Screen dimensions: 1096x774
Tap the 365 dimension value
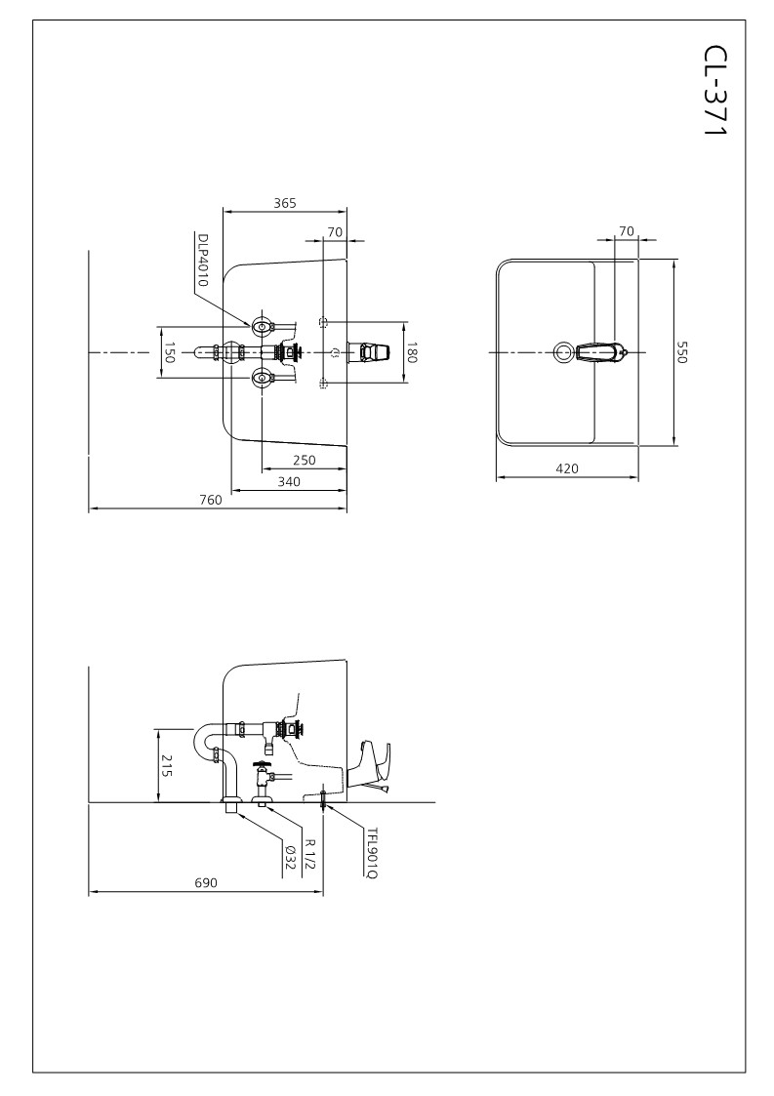tap(284, 204)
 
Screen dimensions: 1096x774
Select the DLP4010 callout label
tap(204, 260)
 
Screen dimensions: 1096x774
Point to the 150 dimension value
tap(169, 352)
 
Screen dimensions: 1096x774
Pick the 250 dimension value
tap(304, 461)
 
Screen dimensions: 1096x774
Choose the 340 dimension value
tap(289, 481)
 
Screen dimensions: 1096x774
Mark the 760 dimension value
tap(211, 500)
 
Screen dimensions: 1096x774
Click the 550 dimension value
tap(682, 352)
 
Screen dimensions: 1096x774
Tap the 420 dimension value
tap(567, 468)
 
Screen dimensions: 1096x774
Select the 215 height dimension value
tap(167, 765)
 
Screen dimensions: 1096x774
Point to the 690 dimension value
tap(205, 882)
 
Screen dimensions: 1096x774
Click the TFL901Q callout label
tap(371, 852)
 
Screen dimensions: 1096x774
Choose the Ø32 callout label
tap(290, 856)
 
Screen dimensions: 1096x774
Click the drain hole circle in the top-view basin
tap(563, 352)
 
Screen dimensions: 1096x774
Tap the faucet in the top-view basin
tap(598, 351)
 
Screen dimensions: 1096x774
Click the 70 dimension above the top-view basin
tap(627, 231)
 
